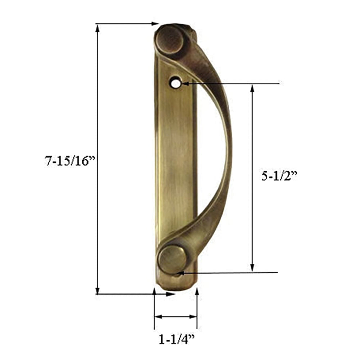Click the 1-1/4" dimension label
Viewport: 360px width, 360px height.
[x=177, y=339]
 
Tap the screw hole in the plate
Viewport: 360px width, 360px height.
[x=175, y=83]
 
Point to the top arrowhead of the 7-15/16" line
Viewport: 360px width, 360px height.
[x=97, y=28]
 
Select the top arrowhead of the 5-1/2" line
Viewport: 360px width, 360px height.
[x=252, y=88]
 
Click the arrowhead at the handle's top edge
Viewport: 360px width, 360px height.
[x=155, y=24]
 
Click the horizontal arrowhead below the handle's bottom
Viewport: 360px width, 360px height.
[x=172, y=294]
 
